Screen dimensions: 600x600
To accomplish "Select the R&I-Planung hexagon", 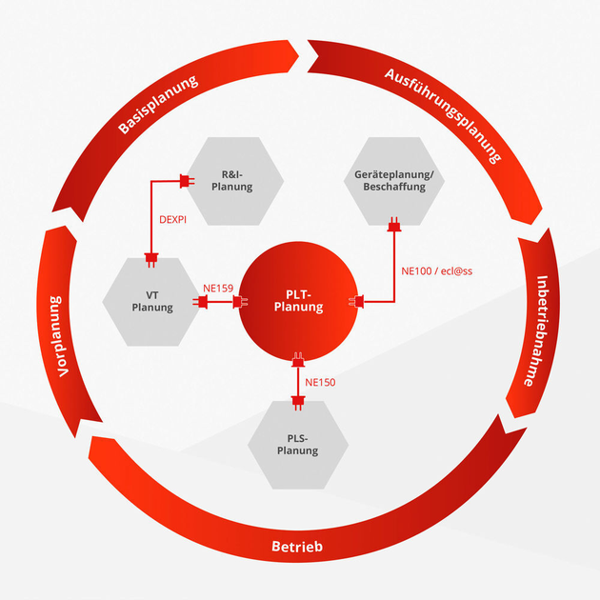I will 237,181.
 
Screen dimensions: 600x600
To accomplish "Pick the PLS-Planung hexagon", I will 297,445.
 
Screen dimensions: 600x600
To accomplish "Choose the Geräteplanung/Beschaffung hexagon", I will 392,181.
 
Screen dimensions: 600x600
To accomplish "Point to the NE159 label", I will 219,286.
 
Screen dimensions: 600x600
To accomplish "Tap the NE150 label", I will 320,383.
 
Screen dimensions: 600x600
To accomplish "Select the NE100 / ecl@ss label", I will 437,271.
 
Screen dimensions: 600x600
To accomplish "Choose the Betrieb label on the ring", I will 297,548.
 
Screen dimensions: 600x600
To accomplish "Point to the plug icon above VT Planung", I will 151,255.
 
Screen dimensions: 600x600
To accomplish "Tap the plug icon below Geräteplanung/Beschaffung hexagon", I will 392,227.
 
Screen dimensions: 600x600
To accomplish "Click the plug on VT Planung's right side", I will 203,302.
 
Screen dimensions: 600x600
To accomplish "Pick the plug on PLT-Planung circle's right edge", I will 360,302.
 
